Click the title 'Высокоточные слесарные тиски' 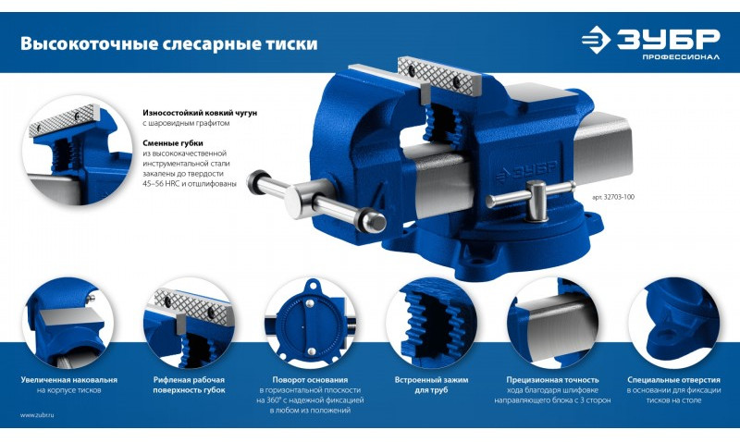click(168, 43)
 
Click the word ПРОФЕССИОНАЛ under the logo click(681, 57)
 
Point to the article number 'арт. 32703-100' click(613, 197)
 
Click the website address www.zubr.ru click(37, 415)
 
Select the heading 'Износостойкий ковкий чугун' click(200, 113)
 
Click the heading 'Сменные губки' click(173, 143)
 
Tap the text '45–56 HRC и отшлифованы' click(189, 184)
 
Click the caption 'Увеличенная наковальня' click(68, 380)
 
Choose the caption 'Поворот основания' click(310, 380)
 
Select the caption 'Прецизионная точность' click(552, 380)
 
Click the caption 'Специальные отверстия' click(674, 380)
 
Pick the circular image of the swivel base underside click(311, 324)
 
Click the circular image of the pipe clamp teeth click(431, 324)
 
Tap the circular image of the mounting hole click(674, 324)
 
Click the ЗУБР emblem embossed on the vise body click(526, 172)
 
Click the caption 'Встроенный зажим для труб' click(431, 385)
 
